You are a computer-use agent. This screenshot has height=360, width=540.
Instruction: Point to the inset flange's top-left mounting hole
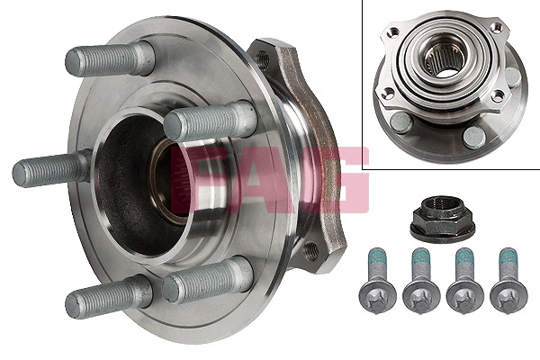click(393, 32)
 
